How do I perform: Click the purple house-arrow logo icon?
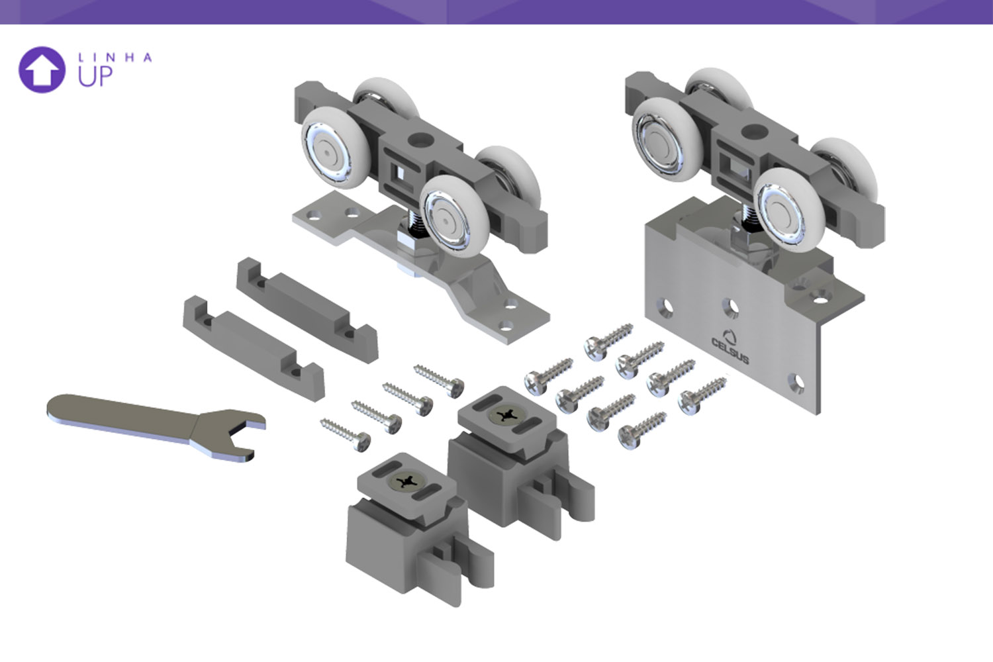[x=42, y=70]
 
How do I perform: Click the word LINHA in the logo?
[x=115, y=58]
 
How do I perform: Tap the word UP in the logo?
[x=95, y=76]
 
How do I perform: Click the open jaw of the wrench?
[x=242, y=437]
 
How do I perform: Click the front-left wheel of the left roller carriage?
[x=336, y=148]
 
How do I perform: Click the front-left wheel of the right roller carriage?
[x=667, y=140]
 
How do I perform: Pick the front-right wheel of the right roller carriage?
[x=789, y=210]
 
